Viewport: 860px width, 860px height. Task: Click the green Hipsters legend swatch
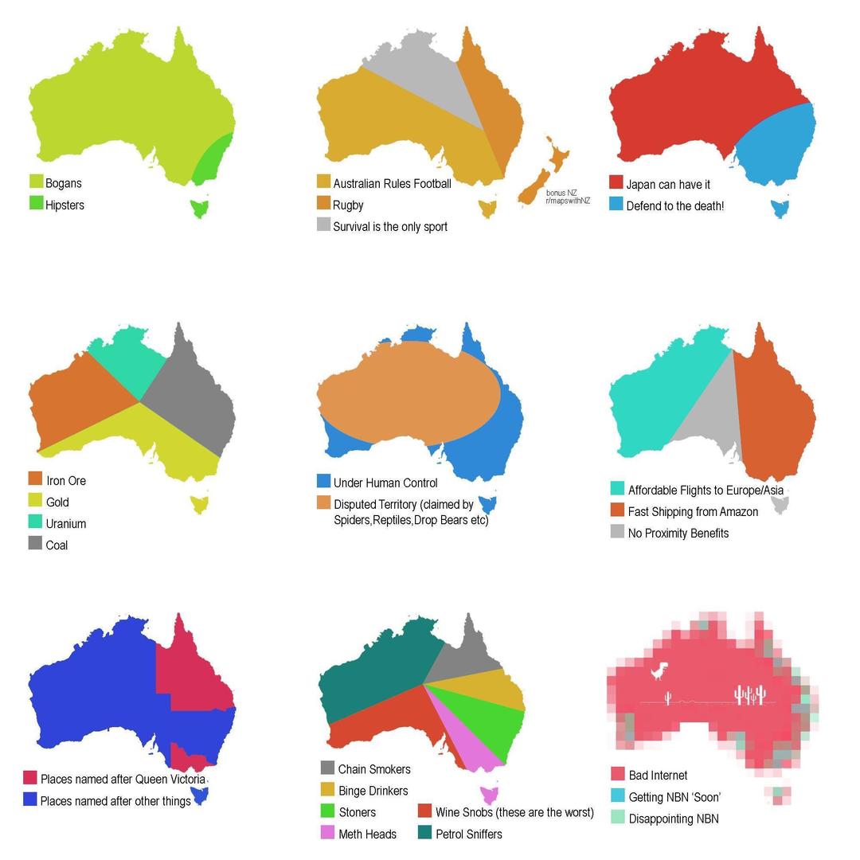pyautogui.click(x=36, y=203)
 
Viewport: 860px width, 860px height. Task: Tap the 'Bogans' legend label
pyautogui.click(x=64, y=183)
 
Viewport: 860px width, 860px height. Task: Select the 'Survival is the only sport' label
pyautogui.click(x=390, y=227)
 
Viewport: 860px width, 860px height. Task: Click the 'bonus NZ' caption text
pyautogui.click(x=561, y=193)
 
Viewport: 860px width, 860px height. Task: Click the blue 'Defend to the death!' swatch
pyautogui.click(x=616, y=204)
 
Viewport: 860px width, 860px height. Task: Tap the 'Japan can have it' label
pyautogui.click(x=668, y=185)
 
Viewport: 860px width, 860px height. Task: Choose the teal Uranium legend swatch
pyautogui.click(x=35, y=522)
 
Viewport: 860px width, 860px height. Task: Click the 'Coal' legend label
pyautogui.click(x=57, y=545)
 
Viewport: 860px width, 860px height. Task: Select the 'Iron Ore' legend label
pyautogui.click(x=66, y=481)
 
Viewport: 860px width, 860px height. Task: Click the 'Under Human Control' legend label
pyautogui.click(x=385, y=483)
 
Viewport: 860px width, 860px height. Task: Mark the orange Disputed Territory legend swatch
pyautogui.click(x=323, y=502)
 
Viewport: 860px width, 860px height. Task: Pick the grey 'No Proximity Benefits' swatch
pyautogui.click(x=617, y=531)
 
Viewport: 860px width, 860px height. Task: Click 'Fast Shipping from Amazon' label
pyautogui.click(x=693, y=512)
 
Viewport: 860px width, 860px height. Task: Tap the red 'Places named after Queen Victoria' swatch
pyautogui.click(x=30, y=777)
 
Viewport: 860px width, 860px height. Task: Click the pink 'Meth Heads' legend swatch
pyautogui.click(x=327, y=832)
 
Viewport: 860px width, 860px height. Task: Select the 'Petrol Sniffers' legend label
pyautogui.click(x=469, y=835)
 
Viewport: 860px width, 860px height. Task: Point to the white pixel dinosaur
pyautogui.click(x=659, y=671)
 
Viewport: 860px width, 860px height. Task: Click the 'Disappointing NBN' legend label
pyautogui.click(x=674, y=819)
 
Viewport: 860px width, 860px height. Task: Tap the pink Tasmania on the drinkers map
pyautogui.click(x=489, y=795)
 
